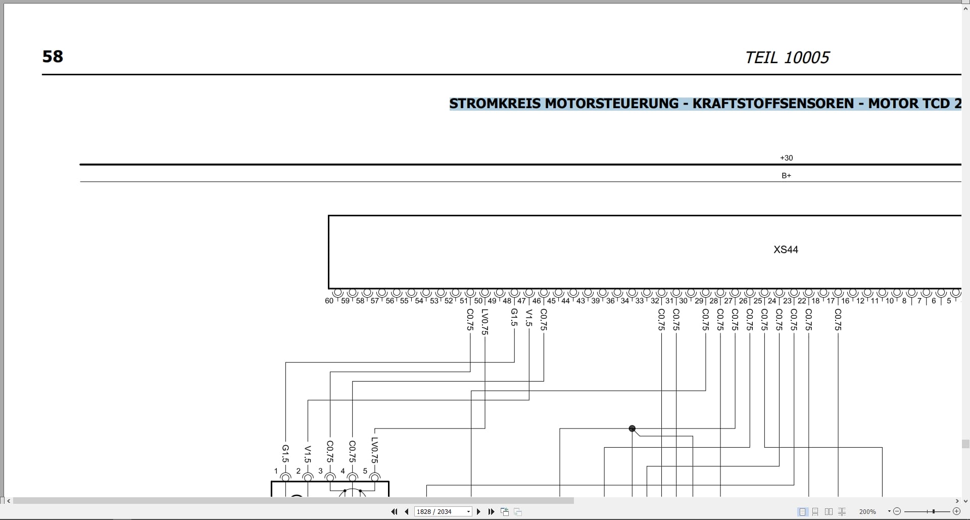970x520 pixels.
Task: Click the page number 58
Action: coord(53,56)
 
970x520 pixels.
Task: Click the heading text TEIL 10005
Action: coord(787,58)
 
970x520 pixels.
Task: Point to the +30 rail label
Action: coord(786,158)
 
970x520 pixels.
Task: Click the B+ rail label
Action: coord(786,176)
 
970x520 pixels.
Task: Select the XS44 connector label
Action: coord(786,250)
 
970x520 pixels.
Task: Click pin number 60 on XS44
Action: coord(329,301)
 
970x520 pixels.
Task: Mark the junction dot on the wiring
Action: coord(632,429)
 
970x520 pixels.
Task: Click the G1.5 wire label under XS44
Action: coord(514,318)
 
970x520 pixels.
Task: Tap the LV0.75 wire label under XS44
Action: coord(485,322)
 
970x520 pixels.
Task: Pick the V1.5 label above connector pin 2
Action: coord(308,454)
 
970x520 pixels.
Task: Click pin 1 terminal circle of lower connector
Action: coord(285,478)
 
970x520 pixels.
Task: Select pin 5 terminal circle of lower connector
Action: coord(375,478)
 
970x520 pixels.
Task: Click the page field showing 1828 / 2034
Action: coord(443,511)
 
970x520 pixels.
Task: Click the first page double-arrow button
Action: coord(394,511)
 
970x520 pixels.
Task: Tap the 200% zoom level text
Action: coord(867,512)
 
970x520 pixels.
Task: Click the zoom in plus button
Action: coord(956,511)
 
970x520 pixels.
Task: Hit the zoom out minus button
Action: coord(897,511)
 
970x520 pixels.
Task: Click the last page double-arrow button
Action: coord(491,511)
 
